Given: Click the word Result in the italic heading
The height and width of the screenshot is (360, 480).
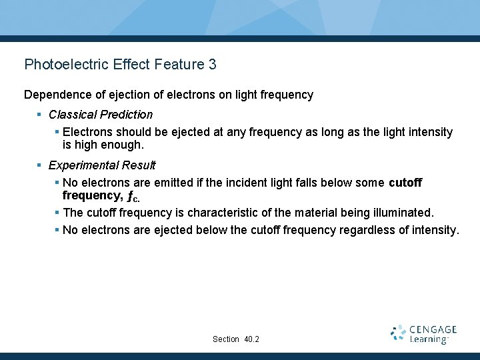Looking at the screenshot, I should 138,165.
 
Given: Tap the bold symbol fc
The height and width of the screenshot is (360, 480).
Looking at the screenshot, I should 133,197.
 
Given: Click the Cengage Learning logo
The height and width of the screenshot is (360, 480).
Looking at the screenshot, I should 423,335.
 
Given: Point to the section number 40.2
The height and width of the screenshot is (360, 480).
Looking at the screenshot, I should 252,339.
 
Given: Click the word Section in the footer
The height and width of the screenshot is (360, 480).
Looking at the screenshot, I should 226,339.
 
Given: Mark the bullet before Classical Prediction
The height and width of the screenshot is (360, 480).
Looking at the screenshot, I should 40,115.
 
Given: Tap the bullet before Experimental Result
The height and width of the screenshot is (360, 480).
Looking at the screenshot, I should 40,165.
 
